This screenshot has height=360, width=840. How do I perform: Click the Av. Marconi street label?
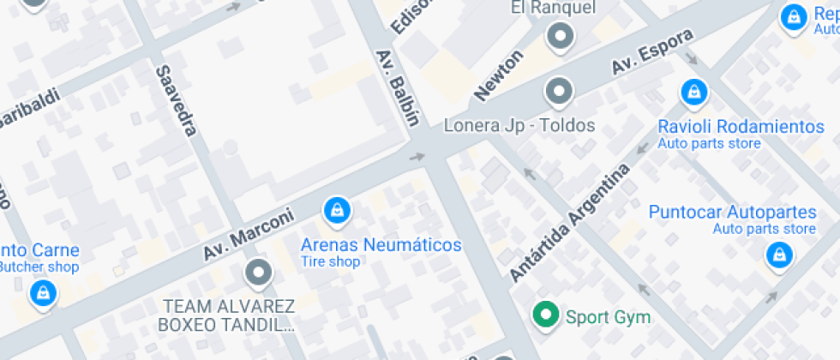coord(248,235)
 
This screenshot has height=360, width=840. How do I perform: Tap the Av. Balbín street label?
coord(397,87)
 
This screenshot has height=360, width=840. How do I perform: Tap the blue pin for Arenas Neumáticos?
coord(336,209)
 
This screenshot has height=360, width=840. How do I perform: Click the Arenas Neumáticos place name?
coord(381,245)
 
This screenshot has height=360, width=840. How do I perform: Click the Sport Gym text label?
coord(608,317)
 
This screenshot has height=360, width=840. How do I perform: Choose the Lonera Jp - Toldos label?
coord(519,126)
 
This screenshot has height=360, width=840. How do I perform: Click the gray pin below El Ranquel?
coord(561,36)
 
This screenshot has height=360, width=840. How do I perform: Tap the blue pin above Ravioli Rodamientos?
coord(692,91)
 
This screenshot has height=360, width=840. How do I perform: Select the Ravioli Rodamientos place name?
coord(741,127)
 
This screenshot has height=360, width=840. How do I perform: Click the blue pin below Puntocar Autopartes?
coord(778,255)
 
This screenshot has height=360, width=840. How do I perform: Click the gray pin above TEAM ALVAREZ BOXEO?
coord(257,273)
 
